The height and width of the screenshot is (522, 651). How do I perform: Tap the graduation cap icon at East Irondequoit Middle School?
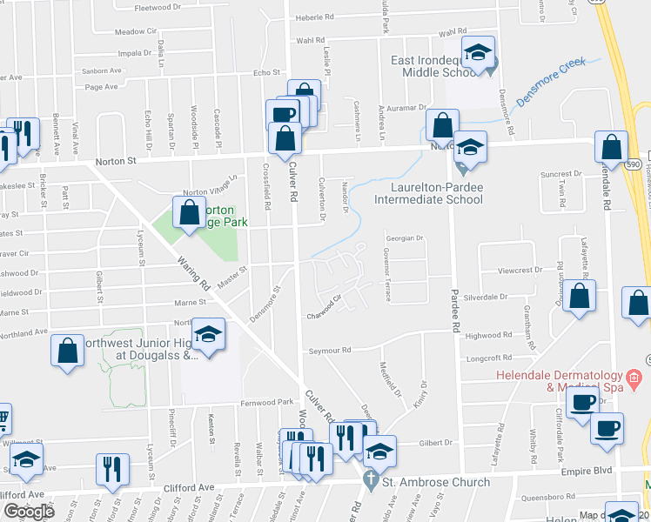pos(477,54)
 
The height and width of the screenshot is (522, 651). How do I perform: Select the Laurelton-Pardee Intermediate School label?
pos(428,192)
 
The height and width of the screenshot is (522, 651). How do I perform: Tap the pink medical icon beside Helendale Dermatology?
pos(634,378)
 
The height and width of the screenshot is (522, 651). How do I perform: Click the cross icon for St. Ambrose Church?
pos(370,479)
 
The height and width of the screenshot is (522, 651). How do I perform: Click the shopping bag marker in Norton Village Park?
pos(189,212)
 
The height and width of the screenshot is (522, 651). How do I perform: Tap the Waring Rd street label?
pos(194,271)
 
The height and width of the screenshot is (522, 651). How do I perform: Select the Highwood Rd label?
pos(489,335)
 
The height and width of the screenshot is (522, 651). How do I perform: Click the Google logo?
pos(29,512)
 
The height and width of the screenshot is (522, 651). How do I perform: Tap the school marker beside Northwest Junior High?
pos(209,336)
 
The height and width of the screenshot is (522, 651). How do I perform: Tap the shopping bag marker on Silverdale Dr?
pos(579,297)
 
